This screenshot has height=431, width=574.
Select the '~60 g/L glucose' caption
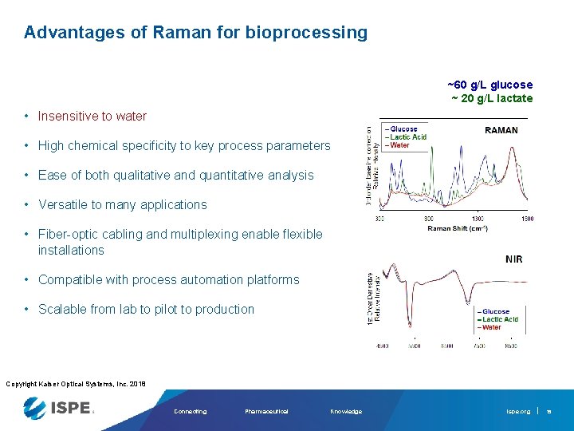click(489, 85)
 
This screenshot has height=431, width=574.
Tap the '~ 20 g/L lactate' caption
click(492, 98)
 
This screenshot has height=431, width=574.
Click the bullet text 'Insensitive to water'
click(92, 117)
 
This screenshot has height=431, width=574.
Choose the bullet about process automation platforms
click(168, 280)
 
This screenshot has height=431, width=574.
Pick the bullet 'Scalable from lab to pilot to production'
click(146, 310)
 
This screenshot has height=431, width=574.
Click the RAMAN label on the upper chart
click(501, 130)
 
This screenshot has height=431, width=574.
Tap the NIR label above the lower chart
click(513, 259)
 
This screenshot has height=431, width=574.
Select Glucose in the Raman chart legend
click(403, 129)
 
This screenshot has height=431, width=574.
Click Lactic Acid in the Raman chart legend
click(408, 137)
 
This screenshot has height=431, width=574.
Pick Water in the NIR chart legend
click(491, 327)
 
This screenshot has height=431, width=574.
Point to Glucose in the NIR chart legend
click(495, 312)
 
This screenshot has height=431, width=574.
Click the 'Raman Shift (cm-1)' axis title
click(458, 228)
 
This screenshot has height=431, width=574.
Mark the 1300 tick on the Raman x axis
click(477, 219)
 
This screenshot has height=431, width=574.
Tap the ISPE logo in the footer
click(60, 409)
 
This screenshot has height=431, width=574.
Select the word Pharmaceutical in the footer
click(266, 412)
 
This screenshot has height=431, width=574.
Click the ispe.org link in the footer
click(517, 412)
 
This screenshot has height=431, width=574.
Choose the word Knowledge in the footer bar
click(345, 412)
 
